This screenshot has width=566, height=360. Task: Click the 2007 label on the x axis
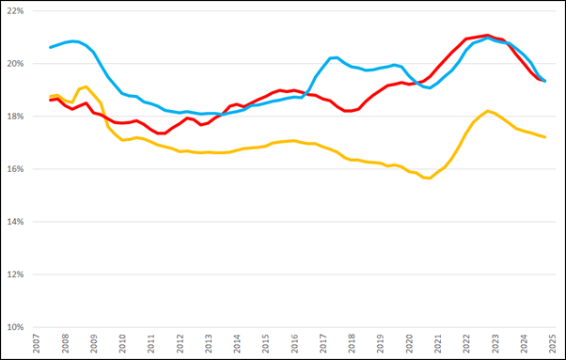pos(36,345)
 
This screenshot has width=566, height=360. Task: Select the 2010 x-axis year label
pos(122,345)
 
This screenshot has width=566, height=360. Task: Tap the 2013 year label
pos(208,345)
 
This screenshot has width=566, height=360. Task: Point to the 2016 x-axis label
pos(294,345)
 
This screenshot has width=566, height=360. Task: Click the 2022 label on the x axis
pos(466,345)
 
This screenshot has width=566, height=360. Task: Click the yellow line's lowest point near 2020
pos(429,178)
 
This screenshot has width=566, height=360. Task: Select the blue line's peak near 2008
pos(73,41)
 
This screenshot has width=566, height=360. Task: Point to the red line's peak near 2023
pos(485,35)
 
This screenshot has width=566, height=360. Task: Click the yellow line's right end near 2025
pos(545,137)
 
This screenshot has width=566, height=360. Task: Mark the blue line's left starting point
pos(51,47)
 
